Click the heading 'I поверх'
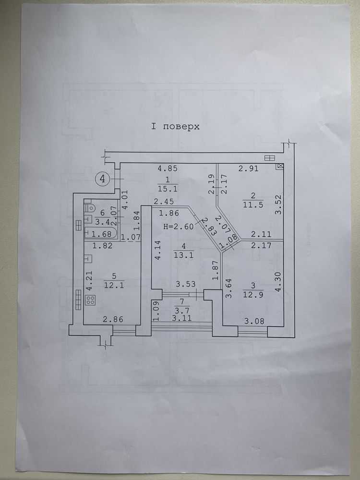pos(175,126)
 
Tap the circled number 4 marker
pos(102,178)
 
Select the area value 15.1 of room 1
pos(168,189)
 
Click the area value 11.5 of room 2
pos(253,205)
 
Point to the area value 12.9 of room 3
pos(253,295)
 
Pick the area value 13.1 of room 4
pos(184,255)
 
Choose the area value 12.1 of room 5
pos(114,285)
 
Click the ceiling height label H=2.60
pos(179,227)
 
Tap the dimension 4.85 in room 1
pos(168,168)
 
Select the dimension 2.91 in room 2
pos(249,168)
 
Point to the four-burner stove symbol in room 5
pos(91,300)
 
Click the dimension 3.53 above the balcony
pos(185,284)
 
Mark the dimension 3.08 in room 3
pos(254,322)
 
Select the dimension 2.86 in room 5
pos(113,320)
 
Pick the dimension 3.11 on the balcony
pos(182,318)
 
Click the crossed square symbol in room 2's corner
pos(280,166)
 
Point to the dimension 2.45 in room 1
pos(164,202)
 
